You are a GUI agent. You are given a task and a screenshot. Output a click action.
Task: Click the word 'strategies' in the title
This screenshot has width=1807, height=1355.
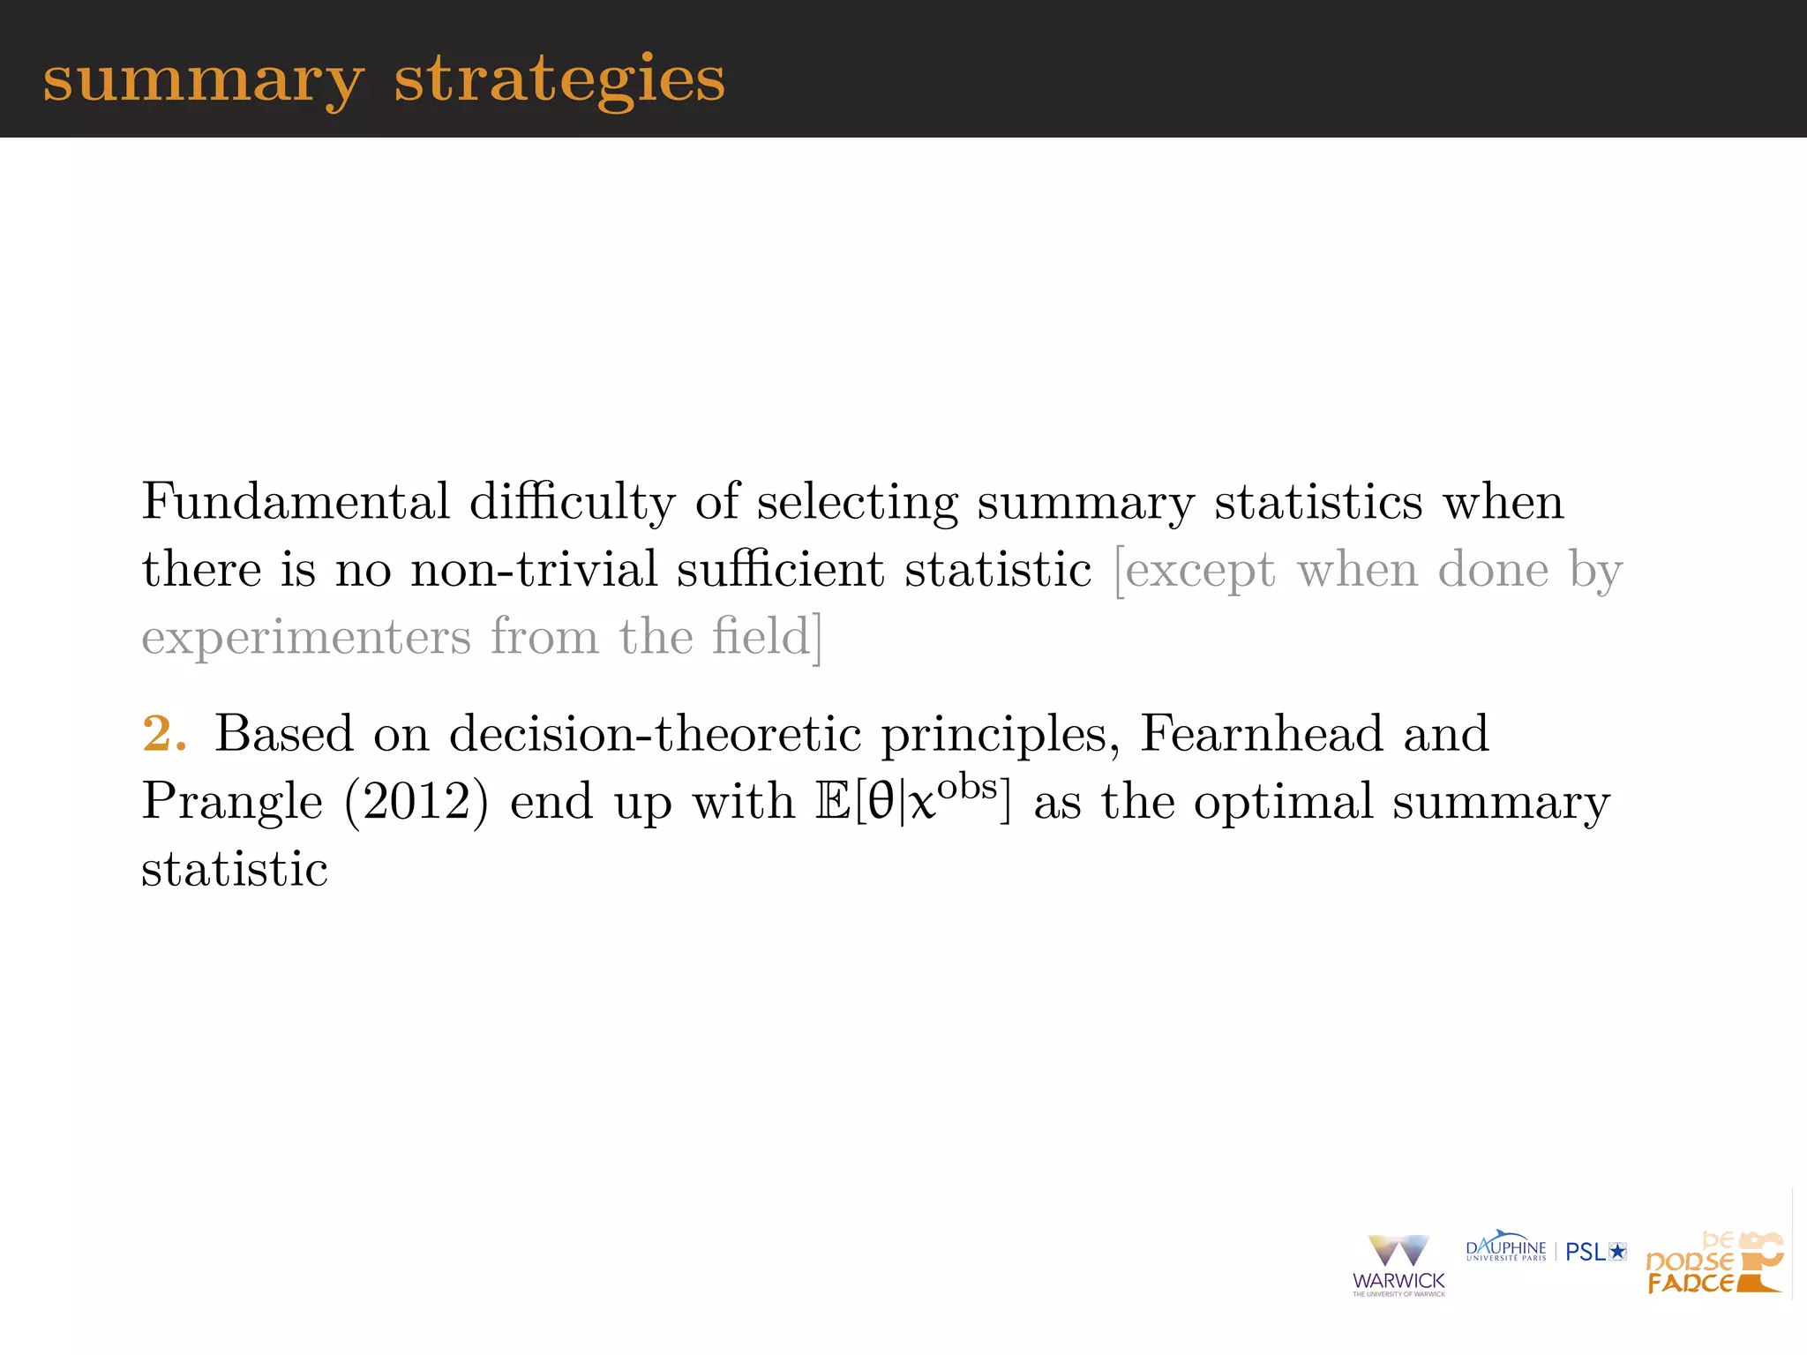tap(559, 79)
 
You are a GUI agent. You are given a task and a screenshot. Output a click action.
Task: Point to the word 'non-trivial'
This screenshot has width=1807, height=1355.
tap(534, 568)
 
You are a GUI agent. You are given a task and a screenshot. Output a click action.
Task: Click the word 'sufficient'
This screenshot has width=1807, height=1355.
tap(781, 568)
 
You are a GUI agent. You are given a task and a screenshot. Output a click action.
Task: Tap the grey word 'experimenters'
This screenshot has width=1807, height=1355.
tap(306, 636)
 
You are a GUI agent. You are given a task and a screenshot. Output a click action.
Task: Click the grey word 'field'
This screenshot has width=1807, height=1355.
tap(761, 636)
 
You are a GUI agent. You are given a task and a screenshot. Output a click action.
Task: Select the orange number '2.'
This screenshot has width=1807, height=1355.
tap(164, 733)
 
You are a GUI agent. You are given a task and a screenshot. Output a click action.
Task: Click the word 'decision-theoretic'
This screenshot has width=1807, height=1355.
tap(655, 733)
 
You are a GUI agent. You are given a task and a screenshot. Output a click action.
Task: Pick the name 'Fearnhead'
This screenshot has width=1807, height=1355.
tap(1262, 733)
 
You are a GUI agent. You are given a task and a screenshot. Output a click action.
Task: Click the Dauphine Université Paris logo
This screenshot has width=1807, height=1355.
tap(1505, 1249)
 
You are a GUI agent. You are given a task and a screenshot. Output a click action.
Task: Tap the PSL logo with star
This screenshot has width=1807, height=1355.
tap(1595, 1251)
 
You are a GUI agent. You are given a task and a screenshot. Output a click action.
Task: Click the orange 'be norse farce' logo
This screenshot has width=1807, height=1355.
tap(1713, 1263)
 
